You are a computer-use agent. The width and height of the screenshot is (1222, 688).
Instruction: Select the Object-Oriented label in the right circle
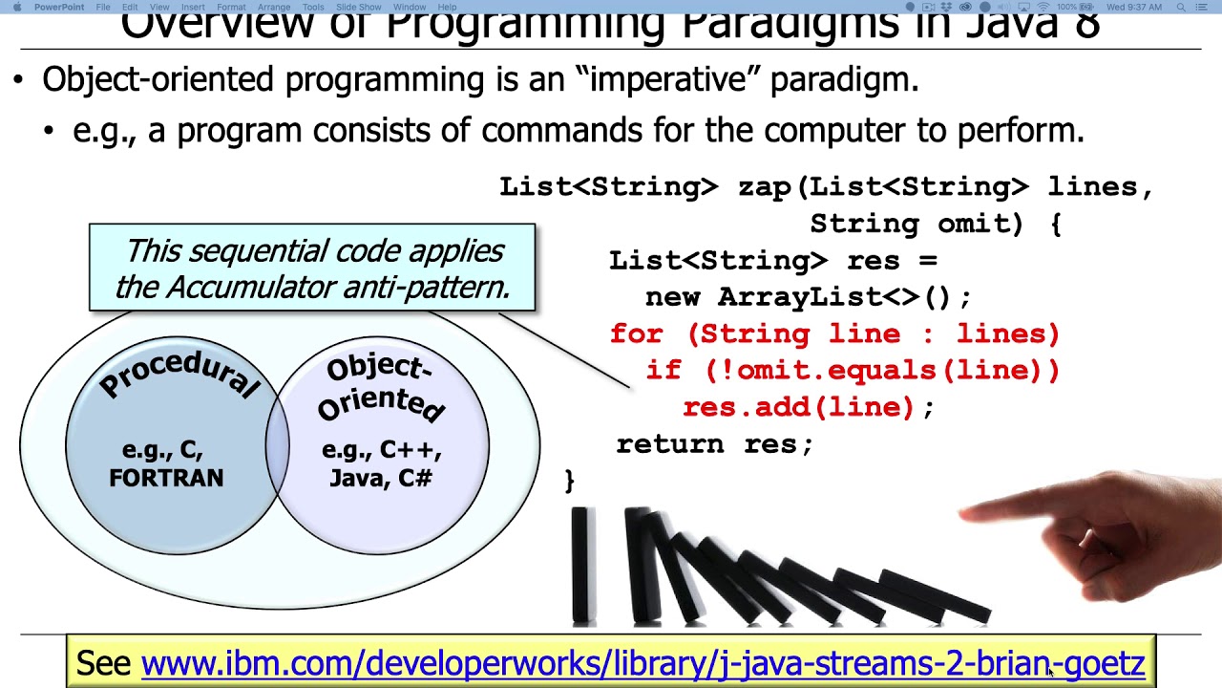[x=380, y=388]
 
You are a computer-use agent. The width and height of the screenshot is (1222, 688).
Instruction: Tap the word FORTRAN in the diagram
[x=166, y=478]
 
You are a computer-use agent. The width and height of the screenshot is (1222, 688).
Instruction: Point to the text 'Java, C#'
[x=380, y=478]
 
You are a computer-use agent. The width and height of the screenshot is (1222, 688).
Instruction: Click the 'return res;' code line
[x=714, y=444]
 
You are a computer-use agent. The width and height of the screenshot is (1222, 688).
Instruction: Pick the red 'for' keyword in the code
[x=636, y=334]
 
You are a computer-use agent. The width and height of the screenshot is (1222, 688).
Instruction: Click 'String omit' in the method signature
[x=915, y=225]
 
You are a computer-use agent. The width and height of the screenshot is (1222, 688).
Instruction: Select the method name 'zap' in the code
[x=764, y=187]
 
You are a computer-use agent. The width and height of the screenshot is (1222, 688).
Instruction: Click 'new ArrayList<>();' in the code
[x=808, y=297]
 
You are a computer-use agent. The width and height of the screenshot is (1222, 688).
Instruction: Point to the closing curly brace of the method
[x=570, y=480]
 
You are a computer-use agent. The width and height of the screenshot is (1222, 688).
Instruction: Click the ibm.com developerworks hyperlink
[x=642, y=663]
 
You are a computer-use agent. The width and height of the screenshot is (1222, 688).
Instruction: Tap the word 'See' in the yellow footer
[x=103, y=663]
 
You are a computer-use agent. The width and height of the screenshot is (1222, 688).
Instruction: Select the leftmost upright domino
[x=581, y=566]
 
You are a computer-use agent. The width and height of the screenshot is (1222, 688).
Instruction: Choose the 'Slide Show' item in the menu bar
[x=358, y=7]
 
